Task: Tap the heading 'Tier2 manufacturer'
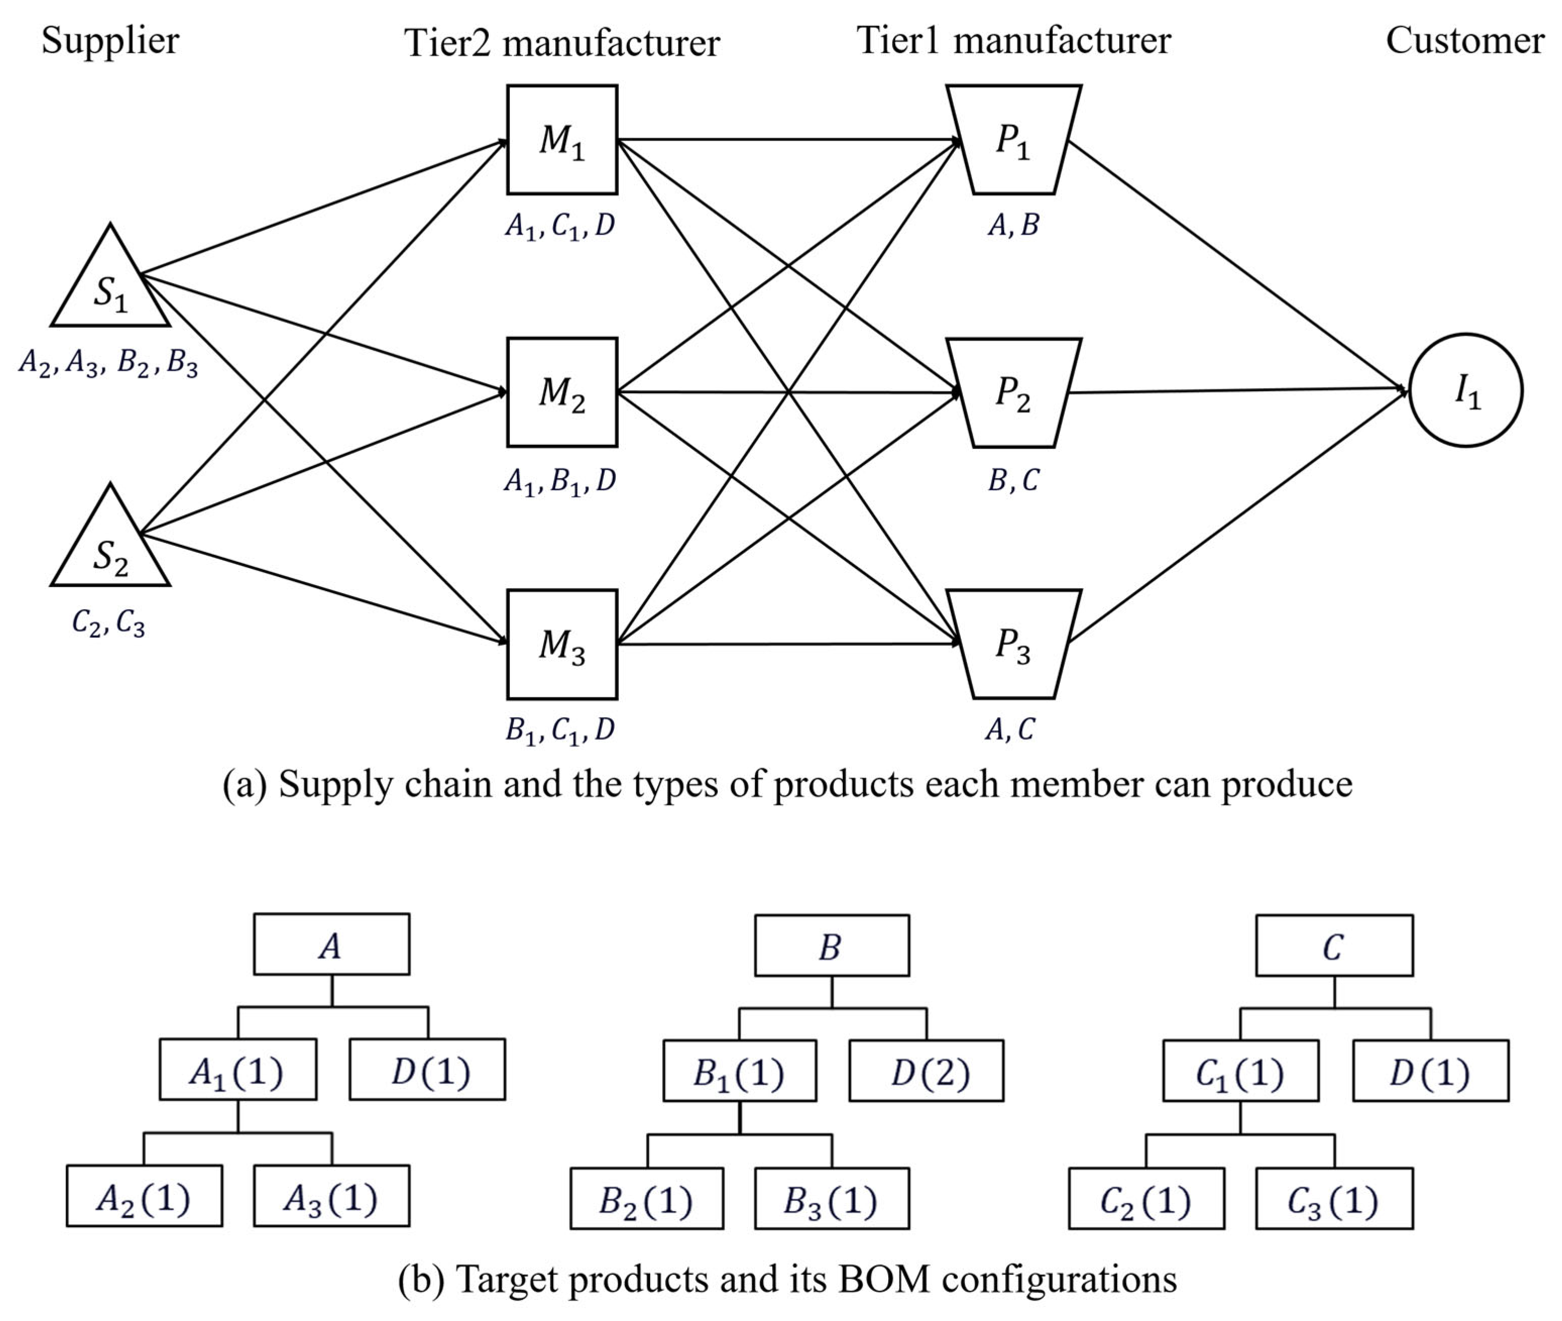tap(561, 42)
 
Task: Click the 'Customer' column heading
tap(1465, 40)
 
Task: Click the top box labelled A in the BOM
tap(332, 944)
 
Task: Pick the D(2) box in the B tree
tap(927, 1070)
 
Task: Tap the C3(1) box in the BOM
tap(1335, 1198)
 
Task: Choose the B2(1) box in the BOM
tap(647, 1198)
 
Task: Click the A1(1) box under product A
tap(238, 1069)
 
